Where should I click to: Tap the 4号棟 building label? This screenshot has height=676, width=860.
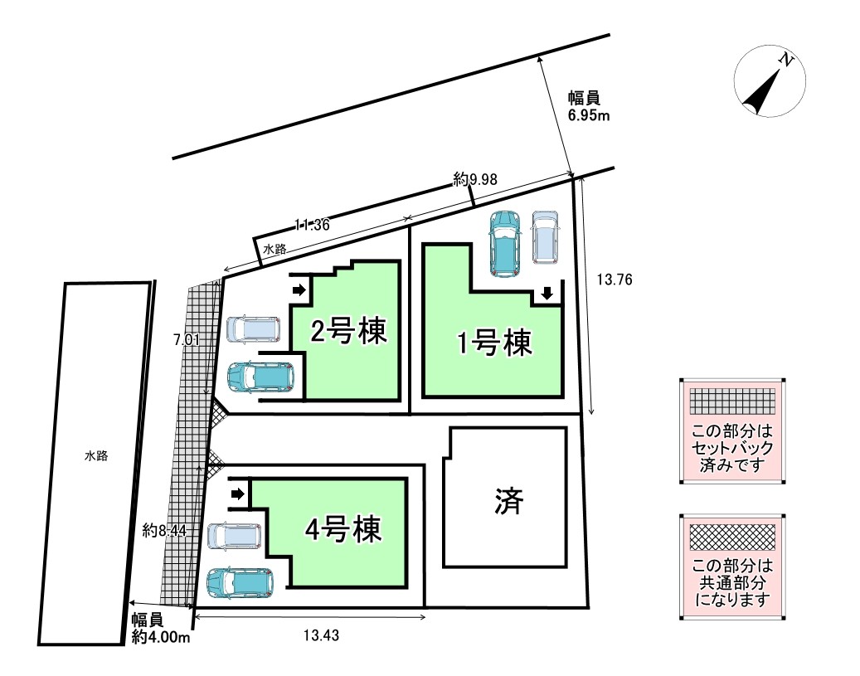click(x=343, y=528)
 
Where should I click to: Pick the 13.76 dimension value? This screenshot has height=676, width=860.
click(x=615, y=280)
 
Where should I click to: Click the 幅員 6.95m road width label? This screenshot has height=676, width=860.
click(x=589, y=106)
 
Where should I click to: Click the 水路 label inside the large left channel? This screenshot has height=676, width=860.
click(x=96, y=455)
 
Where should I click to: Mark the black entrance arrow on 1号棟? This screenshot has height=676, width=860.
click(x=547, y=293)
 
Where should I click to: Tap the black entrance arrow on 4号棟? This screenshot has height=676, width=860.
click(x=238, y=494)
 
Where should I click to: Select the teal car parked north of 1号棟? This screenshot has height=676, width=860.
click(x=503, y=243)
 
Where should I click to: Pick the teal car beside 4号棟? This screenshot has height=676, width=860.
click(x=241, y=583)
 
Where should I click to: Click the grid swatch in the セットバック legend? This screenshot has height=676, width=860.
click(x=732, y=402)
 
